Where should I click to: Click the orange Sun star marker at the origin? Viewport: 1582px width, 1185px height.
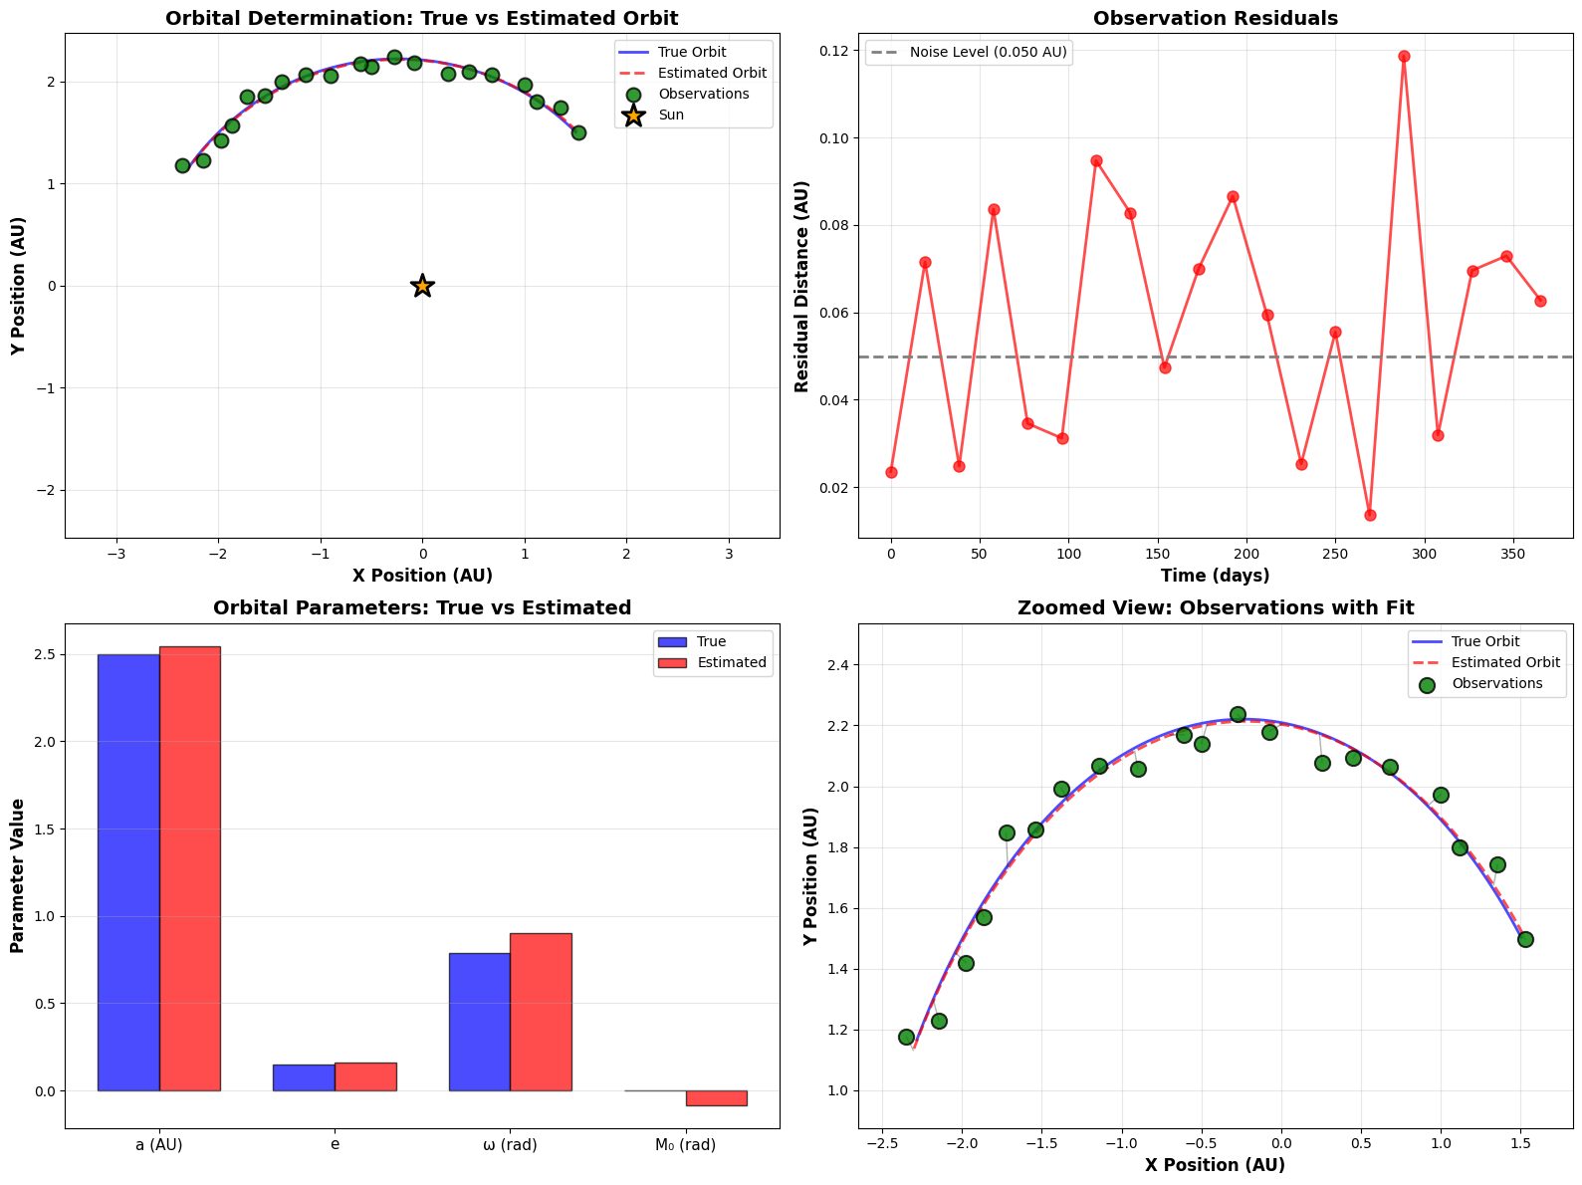[x=422, y=286]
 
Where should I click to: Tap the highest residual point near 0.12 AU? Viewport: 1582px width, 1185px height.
[x=1404, y=56]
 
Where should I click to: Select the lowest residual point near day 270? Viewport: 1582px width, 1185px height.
[x=1370, y=515]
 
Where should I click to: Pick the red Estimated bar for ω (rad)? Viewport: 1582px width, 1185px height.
[x=541, y=1011]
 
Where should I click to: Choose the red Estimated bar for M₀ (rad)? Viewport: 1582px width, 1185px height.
[x=716, y=1098]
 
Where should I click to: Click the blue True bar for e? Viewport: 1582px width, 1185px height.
[x=304, y=1077]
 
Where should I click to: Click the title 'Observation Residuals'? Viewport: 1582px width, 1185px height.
[x=1215, y=18]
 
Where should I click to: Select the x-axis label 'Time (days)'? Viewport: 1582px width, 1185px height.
[x=1215, y=576]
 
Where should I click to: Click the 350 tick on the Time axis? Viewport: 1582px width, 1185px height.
[x=1513, y=554]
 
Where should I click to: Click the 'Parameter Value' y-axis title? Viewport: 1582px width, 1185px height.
[x=18, y=875]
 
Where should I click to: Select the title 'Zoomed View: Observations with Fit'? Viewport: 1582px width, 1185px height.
[x=1215, y=607]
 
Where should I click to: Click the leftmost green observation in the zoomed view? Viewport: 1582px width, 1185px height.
[x=906, y=1037]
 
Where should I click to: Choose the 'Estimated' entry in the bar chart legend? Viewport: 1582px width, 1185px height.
[x=732, y=662]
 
